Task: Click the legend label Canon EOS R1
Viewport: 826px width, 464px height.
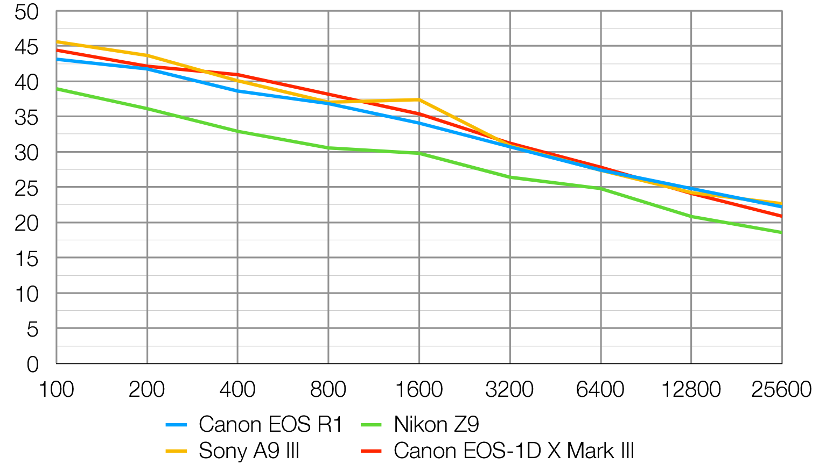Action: [x=270, y=425]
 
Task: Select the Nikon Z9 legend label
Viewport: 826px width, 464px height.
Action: [x=436, y=425]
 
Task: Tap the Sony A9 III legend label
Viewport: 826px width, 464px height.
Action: [x=249, y=451]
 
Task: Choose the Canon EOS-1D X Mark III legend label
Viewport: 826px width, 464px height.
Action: [x=514, y=451]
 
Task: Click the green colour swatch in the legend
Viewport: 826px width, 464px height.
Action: [x=371, y=425]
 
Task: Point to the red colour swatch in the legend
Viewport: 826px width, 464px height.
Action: [x=371, y=451]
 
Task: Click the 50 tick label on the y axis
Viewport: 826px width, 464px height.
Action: [x=27, y=12]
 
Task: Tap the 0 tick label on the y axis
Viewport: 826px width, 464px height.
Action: [x=33, y=365]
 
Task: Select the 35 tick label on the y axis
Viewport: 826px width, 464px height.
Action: [x=27, y=118]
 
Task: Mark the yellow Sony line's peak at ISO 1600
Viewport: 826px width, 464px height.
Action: [x=419, y=99]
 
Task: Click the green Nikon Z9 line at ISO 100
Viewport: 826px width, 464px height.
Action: [x=57, y=89]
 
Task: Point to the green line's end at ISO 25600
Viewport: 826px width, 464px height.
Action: [x=781, y=233]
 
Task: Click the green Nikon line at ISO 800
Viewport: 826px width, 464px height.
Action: [x=328, y=148]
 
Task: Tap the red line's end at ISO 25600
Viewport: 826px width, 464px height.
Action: [x=781, y=216]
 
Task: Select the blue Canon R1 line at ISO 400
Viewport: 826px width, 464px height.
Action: [x=237, y=91]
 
